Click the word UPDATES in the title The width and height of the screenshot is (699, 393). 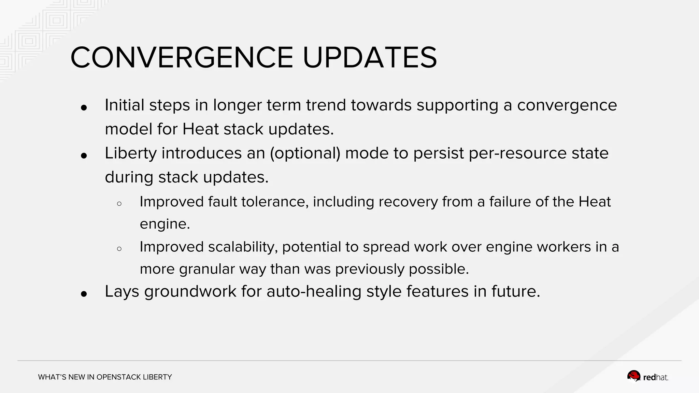pos(370,58)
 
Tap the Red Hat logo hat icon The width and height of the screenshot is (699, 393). pos(633,376)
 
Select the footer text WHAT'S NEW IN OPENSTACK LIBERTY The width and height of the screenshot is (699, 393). pos(105,377)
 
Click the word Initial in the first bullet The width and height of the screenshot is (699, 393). pos(124,105)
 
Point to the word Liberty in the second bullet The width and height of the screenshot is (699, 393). pos(130,153)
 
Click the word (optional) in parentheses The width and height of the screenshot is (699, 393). pos(305,153)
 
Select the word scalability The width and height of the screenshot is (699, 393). pos(243,247)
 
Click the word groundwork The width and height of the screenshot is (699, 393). pos(190,292)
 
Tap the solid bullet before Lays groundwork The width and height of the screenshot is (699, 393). pos(84,294)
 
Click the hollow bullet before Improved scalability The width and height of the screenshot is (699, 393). pos(119,249)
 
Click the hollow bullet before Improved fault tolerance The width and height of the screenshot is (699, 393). pos(119,204)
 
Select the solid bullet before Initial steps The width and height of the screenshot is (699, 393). pos(84,108)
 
